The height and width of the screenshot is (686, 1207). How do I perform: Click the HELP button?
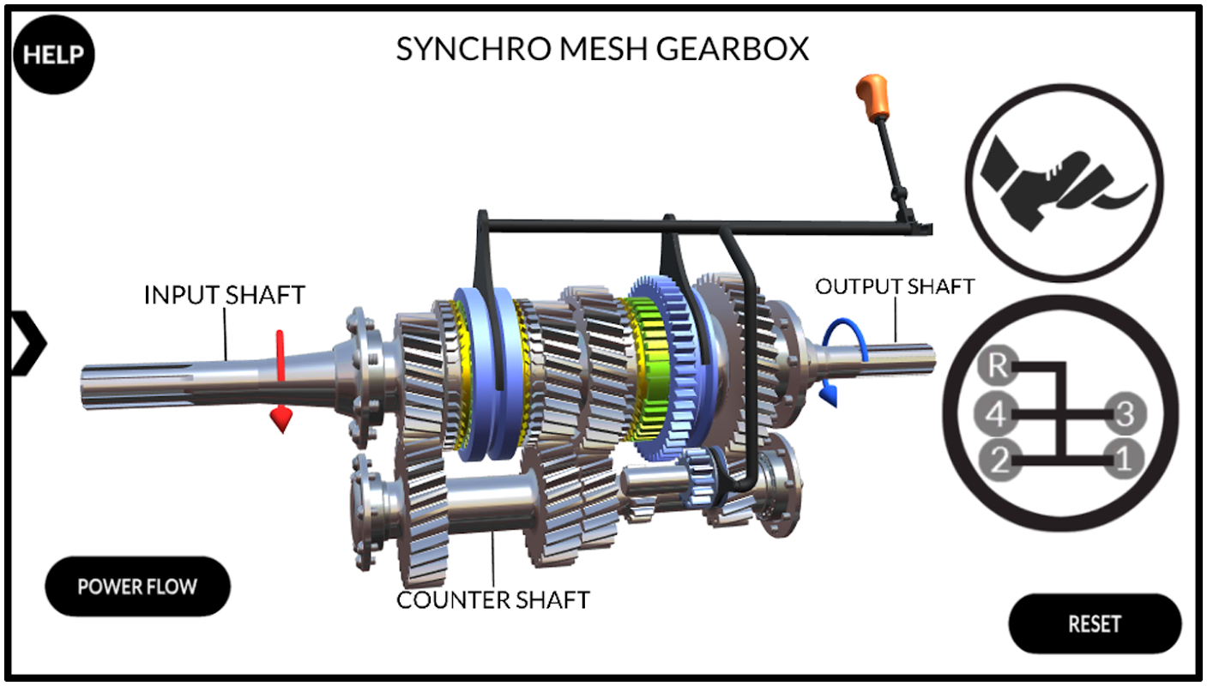[54, 54]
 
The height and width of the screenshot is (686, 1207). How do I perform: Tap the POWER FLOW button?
[137, 587]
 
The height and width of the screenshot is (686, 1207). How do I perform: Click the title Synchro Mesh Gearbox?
[602, 49]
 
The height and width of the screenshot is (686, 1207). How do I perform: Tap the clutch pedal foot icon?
[1064, 183]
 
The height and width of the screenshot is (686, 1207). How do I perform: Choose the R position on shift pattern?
[996, 366]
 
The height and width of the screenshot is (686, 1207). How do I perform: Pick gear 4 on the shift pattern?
[995, 415]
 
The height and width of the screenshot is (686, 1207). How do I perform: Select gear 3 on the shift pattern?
[1126, 414]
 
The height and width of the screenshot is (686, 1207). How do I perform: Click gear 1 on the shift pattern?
[1124, 460]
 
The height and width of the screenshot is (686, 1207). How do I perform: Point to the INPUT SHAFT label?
[224, 295]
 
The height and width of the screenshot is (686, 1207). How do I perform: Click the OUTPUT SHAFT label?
[895, 286]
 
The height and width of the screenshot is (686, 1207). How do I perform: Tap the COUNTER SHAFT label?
[492, 599]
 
